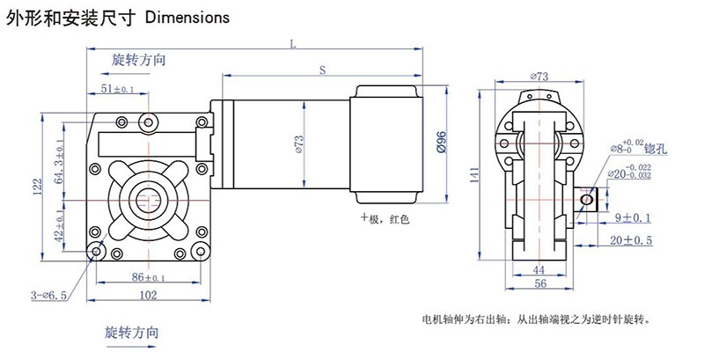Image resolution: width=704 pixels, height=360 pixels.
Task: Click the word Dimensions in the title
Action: point(187,17)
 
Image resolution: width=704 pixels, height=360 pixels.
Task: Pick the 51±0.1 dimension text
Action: point(117,89)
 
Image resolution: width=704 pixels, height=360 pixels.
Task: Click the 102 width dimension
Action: point(150,294)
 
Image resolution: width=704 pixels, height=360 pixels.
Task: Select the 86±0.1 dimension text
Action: point(150,276)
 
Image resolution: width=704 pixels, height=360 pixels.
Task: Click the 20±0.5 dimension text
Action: point(632,239)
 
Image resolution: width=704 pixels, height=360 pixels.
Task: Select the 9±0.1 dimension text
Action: point(633,217)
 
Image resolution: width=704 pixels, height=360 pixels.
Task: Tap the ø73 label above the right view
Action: point(540,77)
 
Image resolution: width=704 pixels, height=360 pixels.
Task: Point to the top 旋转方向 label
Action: point(139,61)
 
